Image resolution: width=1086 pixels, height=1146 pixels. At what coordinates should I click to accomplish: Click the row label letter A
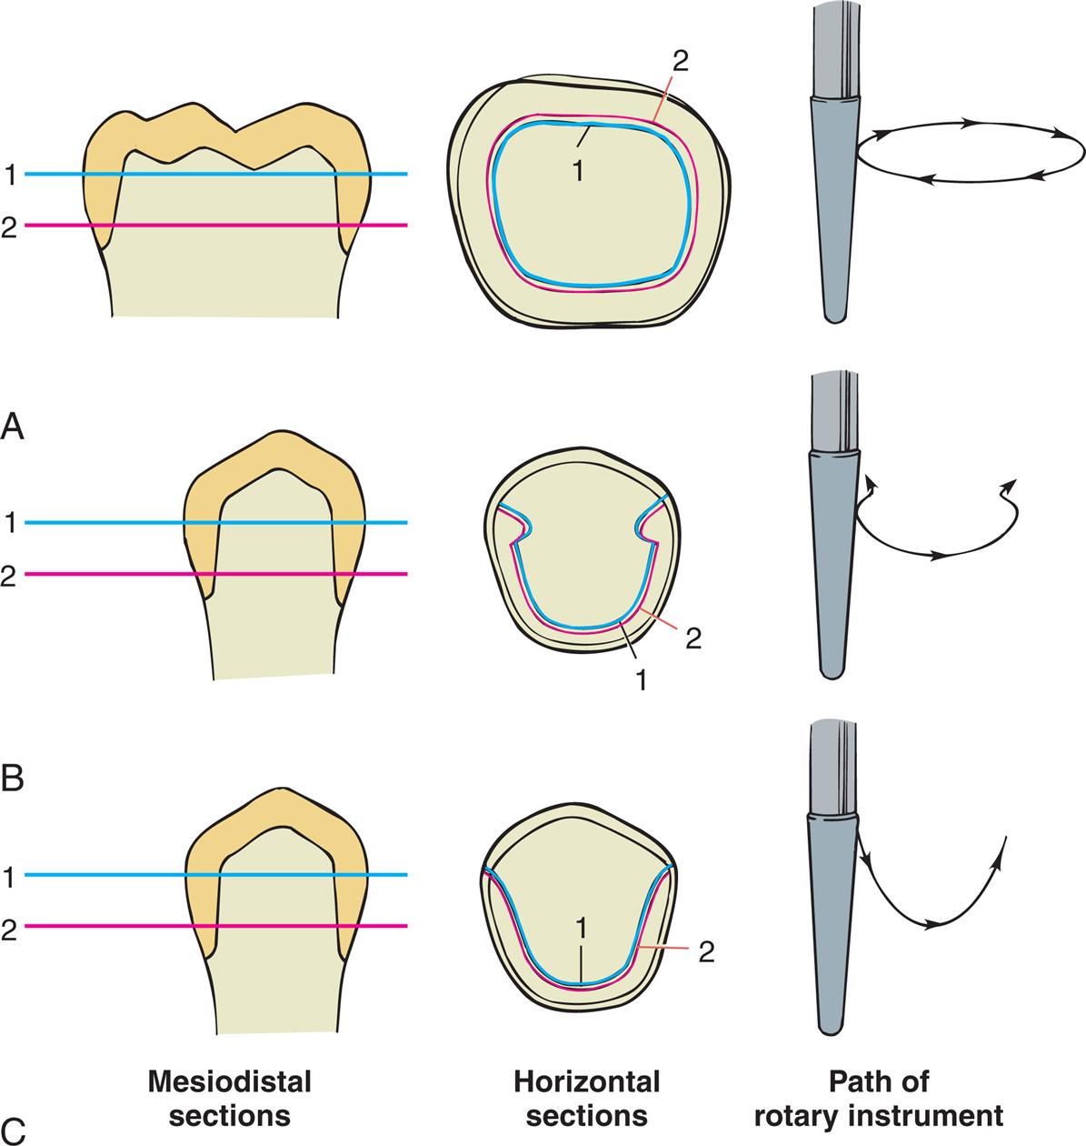tap(14, 426)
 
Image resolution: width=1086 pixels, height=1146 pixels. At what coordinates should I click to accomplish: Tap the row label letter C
tap(14, 1131)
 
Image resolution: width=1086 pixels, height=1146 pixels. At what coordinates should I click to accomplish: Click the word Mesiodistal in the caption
tap(231, 1082)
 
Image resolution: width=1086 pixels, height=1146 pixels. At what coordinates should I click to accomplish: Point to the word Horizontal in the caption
tap(587, 1082)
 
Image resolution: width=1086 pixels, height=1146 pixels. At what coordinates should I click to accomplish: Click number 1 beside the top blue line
tap(10, 176)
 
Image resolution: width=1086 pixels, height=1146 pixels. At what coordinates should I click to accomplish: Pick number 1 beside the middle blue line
tap(10, 525)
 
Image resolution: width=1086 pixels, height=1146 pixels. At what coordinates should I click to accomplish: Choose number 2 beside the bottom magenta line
tap(10, 929)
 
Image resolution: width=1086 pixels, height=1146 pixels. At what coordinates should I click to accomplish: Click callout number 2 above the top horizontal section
tap(681, 61)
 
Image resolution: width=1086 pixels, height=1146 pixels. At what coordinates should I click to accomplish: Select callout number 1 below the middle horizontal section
tap(643, 679)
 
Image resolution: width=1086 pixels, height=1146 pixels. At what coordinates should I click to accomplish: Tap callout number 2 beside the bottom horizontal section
tap(707, 952)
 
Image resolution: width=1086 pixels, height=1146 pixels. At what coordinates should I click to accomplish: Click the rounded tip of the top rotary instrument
tap(832, 316)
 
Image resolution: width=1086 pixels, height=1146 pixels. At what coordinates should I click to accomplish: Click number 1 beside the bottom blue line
tap(10, 877)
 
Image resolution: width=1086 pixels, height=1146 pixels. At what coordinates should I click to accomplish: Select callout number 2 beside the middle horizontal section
tap(692, 638)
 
